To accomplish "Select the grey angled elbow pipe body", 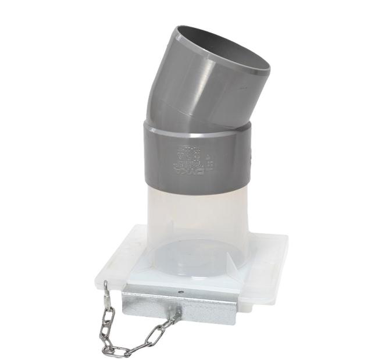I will (x=198, y=87).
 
